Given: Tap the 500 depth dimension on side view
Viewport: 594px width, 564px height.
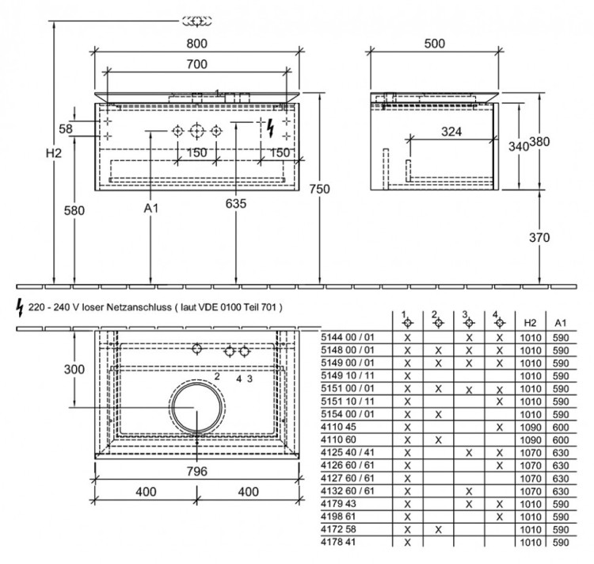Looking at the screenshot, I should [434, 44].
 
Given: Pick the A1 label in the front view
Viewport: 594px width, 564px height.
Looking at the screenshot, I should [151, 208].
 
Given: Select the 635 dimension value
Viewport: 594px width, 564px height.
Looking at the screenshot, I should [236, 203].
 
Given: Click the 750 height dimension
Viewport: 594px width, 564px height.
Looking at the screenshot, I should [320, 189].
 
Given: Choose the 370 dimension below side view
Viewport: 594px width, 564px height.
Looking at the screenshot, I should [539, 237].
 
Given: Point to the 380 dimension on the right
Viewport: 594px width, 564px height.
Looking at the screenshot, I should [539, 142].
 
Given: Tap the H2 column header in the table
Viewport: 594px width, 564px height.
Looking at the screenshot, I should [530, 324].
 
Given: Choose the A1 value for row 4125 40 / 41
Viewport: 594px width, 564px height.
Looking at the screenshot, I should [561, 452].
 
